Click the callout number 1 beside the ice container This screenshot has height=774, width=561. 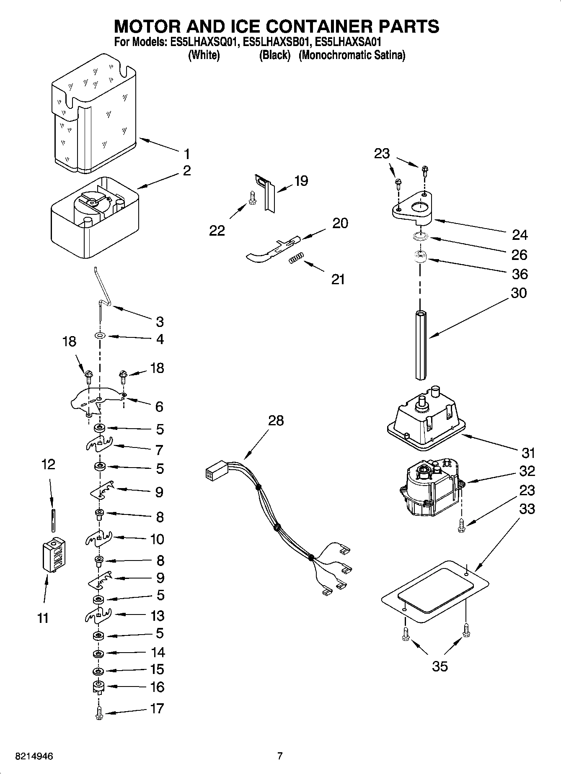[x=187, y=154]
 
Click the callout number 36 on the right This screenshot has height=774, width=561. [x=520, y=274]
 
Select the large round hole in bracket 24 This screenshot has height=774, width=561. [x=418, y=206]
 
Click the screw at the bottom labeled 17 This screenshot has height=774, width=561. [x=99, y=713]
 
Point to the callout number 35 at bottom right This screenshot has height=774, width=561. [x=440, y=666]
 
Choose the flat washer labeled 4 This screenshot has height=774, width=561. [x=100, y=336]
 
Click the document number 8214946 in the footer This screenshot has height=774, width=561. [x=34, y=756]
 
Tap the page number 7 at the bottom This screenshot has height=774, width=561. [x=280, y=756]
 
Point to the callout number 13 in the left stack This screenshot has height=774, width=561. [x=158, y=616]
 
